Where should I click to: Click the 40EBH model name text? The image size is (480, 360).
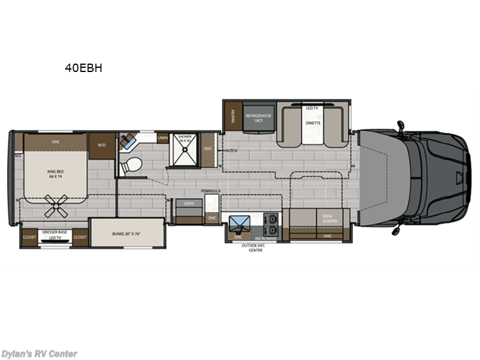(84, 68)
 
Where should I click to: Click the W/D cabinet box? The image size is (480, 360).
(100, 145)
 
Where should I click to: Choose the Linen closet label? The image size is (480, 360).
(162, 138)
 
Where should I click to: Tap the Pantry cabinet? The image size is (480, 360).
(230, 114)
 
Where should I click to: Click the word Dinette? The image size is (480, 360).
(312, 122)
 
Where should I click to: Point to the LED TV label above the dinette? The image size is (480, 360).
(311, 108)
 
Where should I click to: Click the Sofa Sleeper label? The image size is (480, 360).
(329, 219)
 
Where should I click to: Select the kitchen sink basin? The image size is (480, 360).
(239, 224)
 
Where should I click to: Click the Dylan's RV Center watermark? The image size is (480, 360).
(39, 354)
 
